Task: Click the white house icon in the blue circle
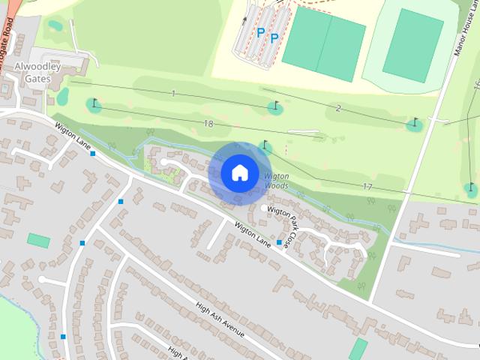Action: [x=239, y=172]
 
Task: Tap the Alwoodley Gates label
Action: [x=32, y=72]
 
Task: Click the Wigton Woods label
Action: [x=276, y=181]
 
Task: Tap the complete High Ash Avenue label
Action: [x=220, y=319]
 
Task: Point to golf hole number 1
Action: [x=173, y=93]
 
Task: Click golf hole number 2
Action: [x=338, y=109]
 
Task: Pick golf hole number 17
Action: [x=367, y=186]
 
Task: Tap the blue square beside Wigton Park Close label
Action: [x=279, y=242]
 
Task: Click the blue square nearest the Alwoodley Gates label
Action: [x=92, y=154]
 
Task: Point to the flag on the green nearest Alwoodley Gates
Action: [x=94, y=103]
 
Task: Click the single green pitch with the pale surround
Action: [x=412, y=46]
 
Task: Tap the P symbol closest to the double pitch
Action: [x=274, y=37]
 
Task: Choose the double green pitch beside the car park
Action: [x=324, y=43]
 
